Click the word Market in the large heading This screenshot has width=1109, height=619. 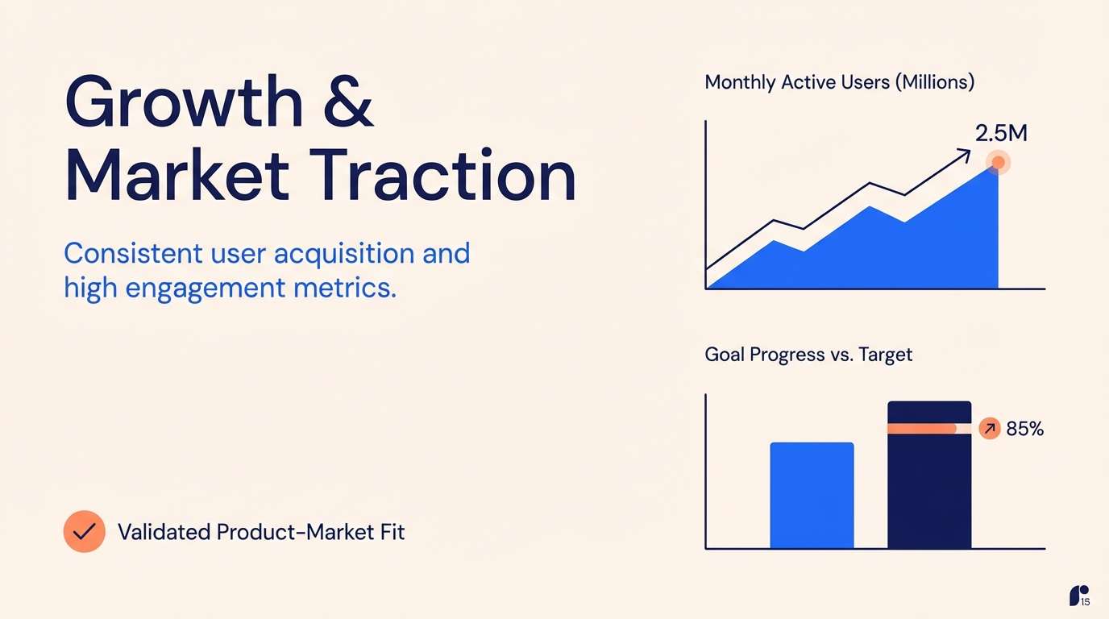click(177, 177)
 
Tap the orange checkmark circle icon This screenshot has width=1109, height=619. click(84, 531)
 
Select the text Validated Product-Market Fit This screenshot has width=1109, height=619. click(261, 532)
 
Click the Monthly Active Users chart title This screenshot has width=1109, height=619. click(839, 82)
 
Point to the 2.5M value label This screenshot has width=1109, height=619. click(1001, 134)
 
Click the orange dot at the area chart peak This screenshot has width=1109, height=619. click(998, 163)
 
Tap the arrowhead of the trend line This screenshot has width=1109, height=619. click(964, 153)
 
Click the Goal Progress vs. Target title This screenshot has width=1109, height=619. click(808, 355)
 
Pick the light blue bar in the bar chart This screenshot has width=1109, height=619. click(812, 496)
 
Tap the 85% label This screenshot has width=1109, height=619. click(1025, 430)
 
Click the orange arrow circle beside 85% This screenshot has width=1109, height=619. click(989, 430)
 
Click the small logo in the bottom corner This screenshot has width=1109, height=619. click(1078, 596)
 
